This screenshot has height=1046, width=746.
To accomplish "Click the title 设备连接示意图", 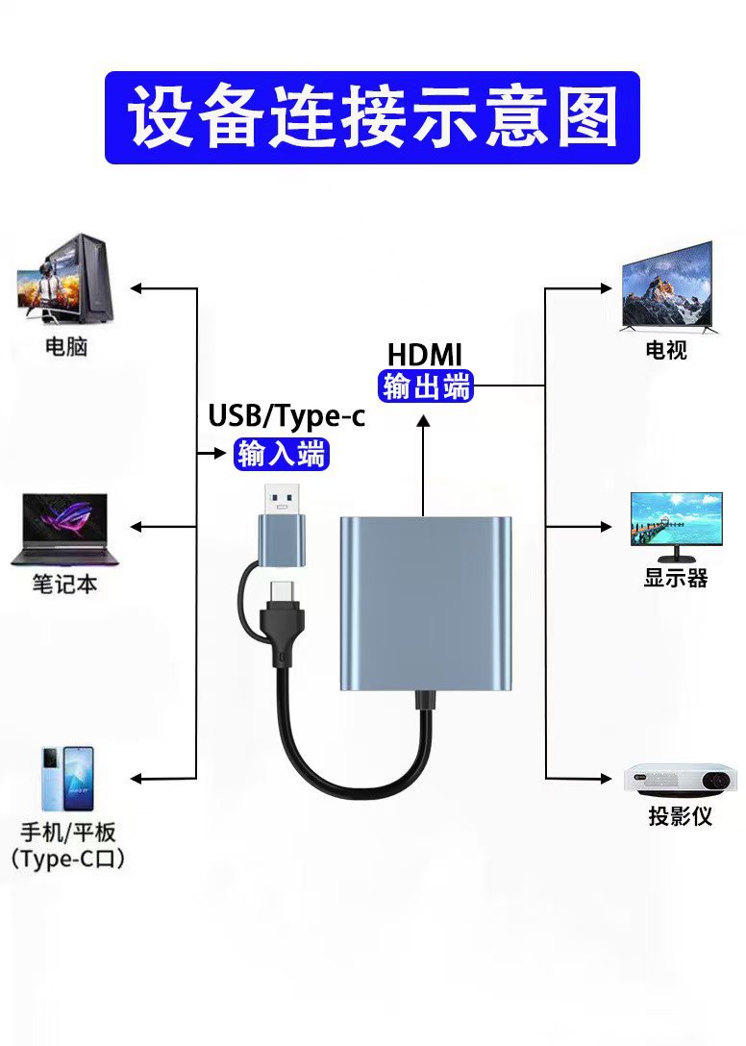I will [372, 117].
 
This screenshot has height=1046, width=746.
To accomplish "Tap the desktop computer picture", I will [65, 281].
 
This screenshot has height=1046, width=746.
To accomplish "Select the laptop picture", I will [64, 529].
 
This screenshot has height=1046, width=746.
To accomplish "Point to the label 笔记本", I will [65, 584].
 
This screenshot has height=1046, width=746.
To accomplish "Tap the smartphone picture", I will [66, 779].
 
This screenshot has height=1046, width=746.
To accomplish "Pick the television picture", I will [667, 286].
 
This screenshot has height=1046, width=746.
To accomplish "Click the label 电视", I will [666, 350].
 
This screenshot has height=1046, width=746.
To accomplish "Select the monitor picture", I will [675, 525].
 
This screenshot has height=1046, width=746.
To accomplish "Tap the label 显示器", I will [676, 578].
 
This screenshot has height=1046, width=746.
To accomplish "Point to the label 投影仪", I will [680, 817].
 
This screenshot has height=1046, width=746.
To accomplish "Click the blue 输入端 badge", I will [282, 453].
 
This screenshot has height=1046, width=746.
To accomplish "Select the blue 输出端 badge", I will [427, 386].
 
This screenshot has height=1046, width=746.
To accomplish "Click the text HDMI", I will [424, 354].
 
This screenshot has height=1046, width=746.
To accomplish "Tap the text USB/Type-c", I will [286, 416].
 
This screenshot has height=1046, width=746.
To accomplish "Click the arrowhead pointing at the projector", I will [606, 778].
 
